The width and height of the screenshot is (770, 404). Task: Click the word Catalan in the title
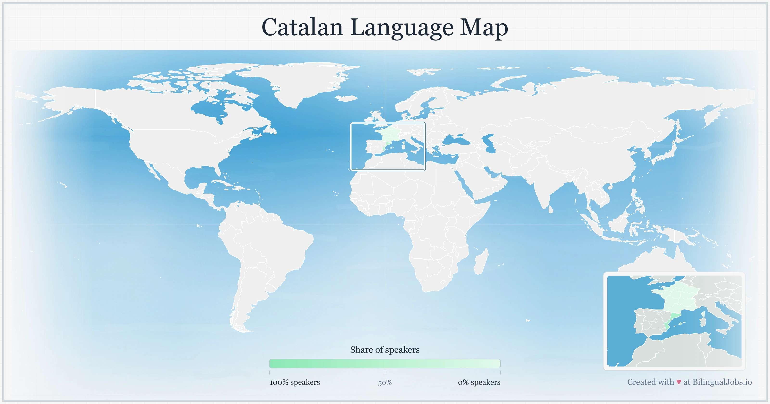coord(302,27)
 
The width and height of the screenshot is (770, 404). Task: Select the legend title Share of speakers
coord(385,350)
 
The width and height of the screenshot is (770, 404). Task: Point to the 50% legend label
coord(385,383)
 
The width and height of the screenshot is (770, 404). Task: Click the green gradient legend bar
coord(385,364)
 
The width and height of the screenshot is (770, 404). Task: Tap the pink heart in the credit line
coord(679,382)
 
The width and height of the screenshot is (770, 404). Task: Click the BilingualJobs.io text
coord(722,382)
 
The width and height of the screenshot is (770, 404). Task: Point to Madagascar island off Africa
coord(481,263)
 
